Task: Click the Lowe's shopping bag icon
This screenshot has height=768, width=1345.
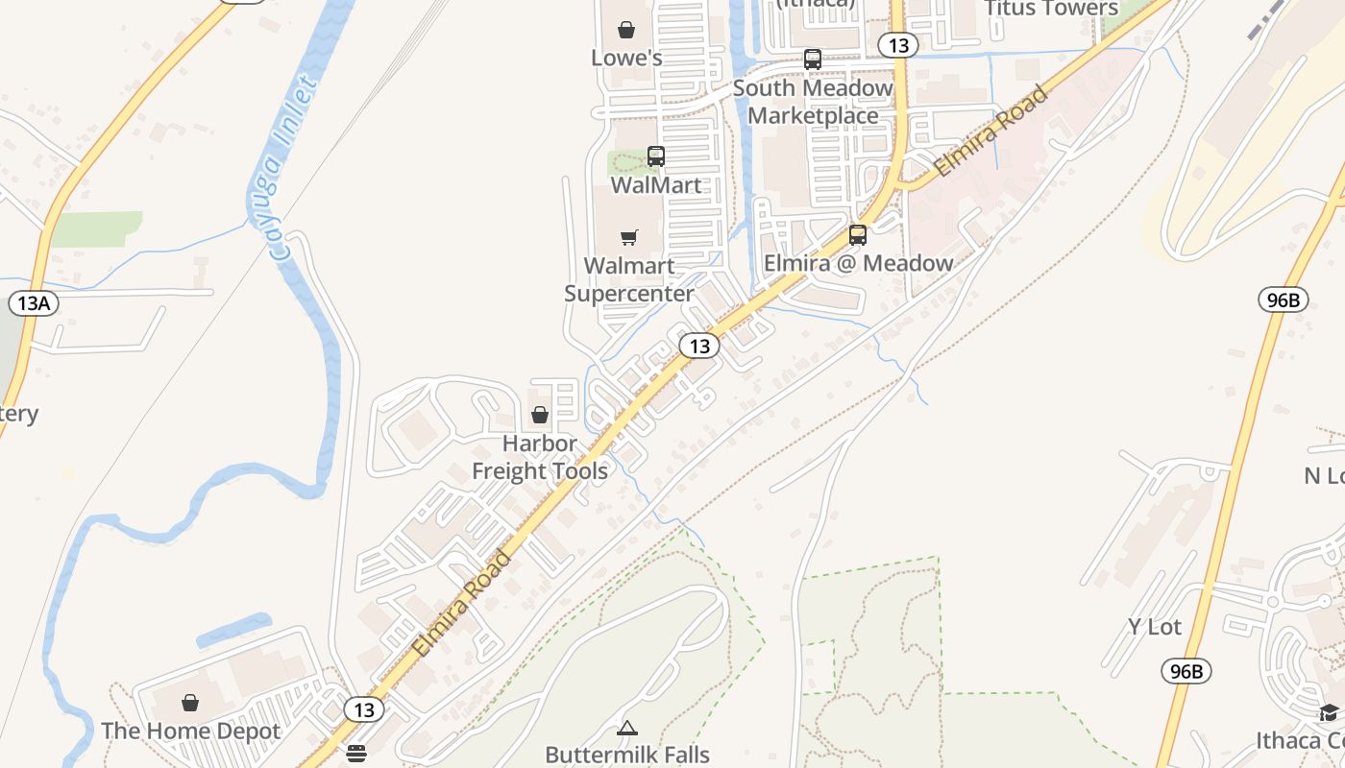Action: tap(626, 31)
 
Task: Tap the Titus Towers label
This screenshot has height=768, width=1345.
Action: tap(1051, 9)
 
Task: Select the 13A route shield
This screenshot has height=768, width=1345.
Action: tap(34, 303)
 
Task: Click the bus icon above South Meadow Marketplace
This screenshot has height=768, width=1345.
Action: tap(813, 60)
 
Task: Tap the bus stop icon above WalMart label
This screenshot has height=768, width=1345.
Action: tap(656, 156)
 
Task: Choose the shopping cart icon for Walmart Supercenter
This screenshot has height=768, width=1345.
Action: tap(629, 237)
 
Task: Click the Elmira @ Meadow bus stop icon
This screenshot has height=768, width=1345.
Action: tap(858, 234)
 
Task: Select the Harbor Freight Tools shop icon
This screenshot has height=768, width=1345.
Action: tap(540, 415)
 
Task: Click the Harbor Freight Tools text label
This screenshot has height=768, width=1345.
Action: tap(540, 457)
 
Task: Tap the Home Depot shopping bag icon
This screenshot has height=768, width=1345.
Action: tap(190, 703)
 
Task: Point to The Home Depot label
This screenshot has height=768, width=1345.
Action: tap(191, 731)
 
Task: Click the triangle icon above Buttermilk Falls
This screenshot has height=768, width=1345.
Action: tap(627, 728)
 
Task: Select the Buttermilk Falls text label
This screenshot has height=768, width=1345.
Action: tap(627, 754)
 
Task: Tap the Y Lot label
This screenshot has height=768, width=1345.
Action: tap(1155, 627)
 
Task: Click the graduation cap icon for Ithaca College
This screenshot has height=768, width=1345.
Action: tap(1329, 712)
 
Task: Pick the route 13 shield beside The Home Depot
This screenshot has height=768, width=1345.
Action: tap(364, 709)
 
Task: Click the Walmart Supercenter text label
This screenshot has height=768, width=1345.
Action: tap(629, 279)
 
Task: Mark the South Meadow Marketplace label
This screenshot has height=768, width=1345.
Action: tap(813, 102)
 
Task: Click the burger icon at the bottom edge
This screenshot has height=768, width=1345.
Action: tap(356, 754)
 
